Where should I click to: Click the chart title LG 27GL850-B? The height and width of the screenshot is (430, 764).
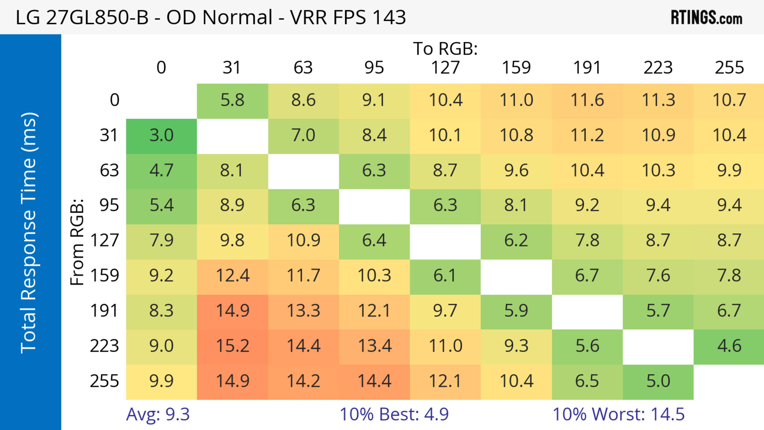pyautogui.click(x=210, y=17)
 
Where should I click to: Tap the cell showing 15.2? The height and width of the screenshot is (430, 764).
pyautogui.click(x=233, y=346)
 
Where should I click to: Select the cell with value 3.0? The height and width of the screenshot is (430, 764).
pyautogui.click(x=161, y=135)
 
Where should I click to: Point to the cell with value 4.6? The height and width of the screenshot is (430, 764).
pyautogui.click(x=729, y=346)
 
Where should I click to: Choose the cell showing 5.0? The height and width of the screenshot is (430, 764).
pyautogui.click(x=658, y=381)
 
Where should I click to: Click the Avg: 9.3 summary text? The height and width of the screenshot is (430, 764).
pyautogui.click(x=158, y=414)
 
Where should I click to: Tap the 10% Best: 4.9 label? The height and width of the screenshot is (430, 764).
pyautogui.click(x=394, y=414)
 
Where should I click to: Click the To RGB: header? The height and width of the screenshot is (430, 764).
pyautogui.click(x=445, y=49)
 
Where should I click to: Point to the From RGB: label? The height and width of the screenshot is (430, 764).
pyautogui.click(x=77, y=242)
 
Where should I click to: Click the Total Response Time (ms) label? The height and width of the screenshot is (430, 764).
pyautogui.click(x=29, y=233)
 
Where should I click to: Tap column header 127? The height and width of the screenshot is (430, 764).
pyautogui.click(x=445, y=68)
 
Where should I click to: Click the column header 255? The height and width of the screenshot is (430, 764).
pyautogui.click(x=729, y=68)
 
